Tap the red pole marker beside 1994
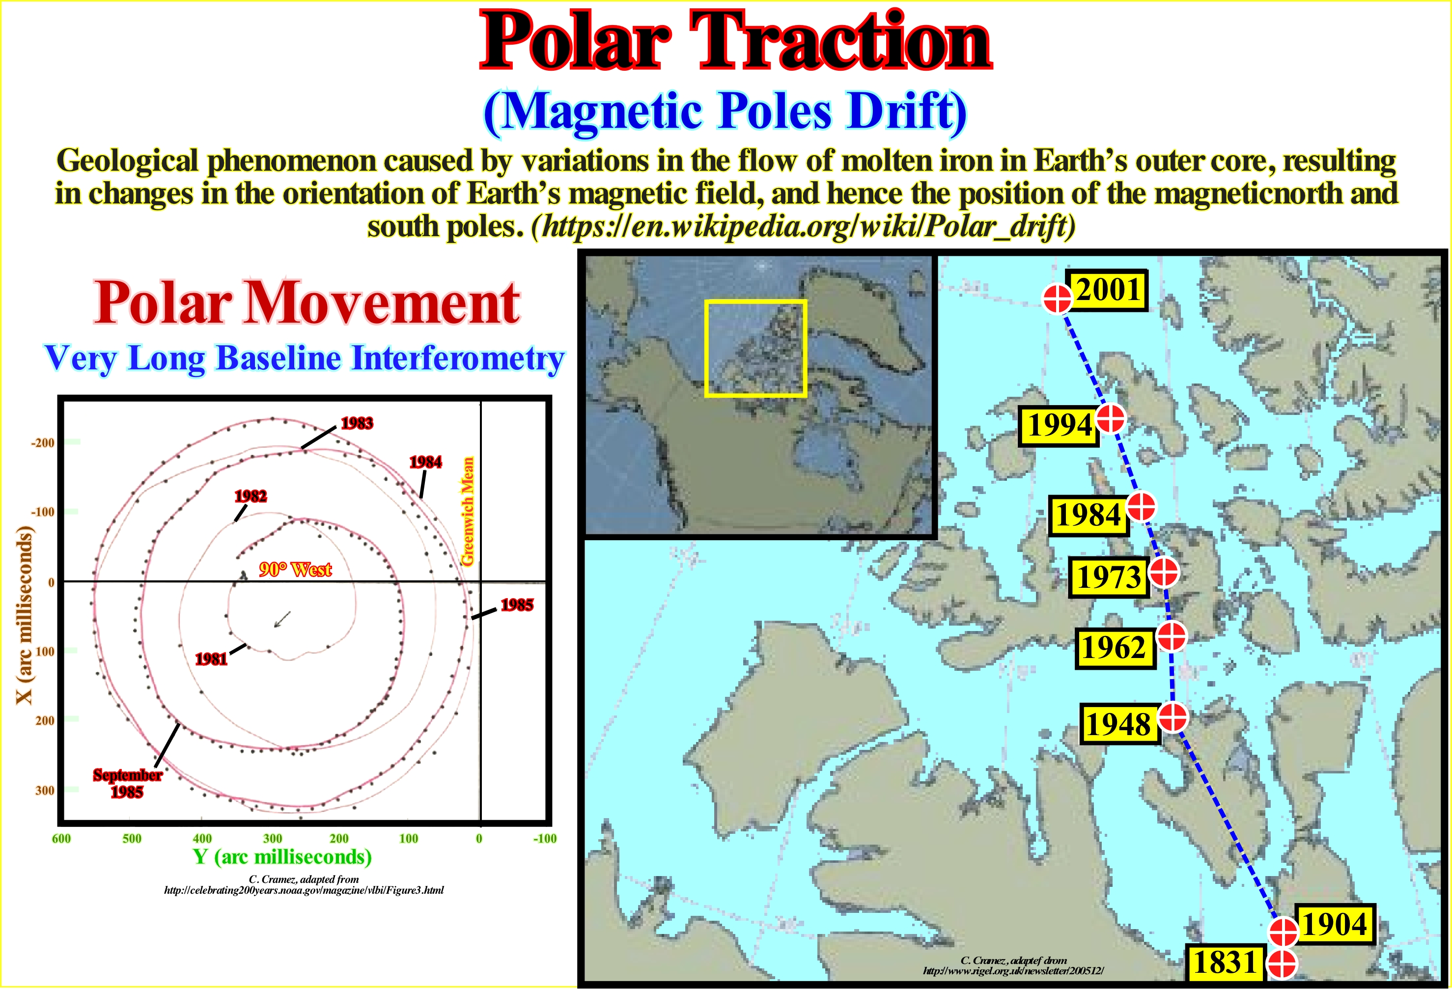(x=1110, y=418)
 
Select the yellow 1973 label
(x=1109, y=577)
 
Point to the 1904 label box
(x=1335, y=924)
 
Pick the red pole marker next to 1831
(x=1282, y=964)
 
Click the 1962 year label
(x=1115, y=648)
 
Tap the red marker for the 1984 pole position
(x=1141, y=507)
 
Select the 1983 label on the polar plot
(x=357, y=423)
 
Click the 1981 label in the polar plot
(x=211, y=659)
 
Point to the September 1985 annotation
(x=127, y=783)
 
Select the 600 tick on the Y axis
(x=61, y=838)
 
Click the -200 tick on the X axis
(x=42, y=443)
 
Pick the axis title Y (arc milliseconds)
(x=282, y=856)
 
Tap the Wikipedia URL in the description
(x=804, y=226)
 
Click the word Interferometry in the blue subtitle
(x=458, y=358)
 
